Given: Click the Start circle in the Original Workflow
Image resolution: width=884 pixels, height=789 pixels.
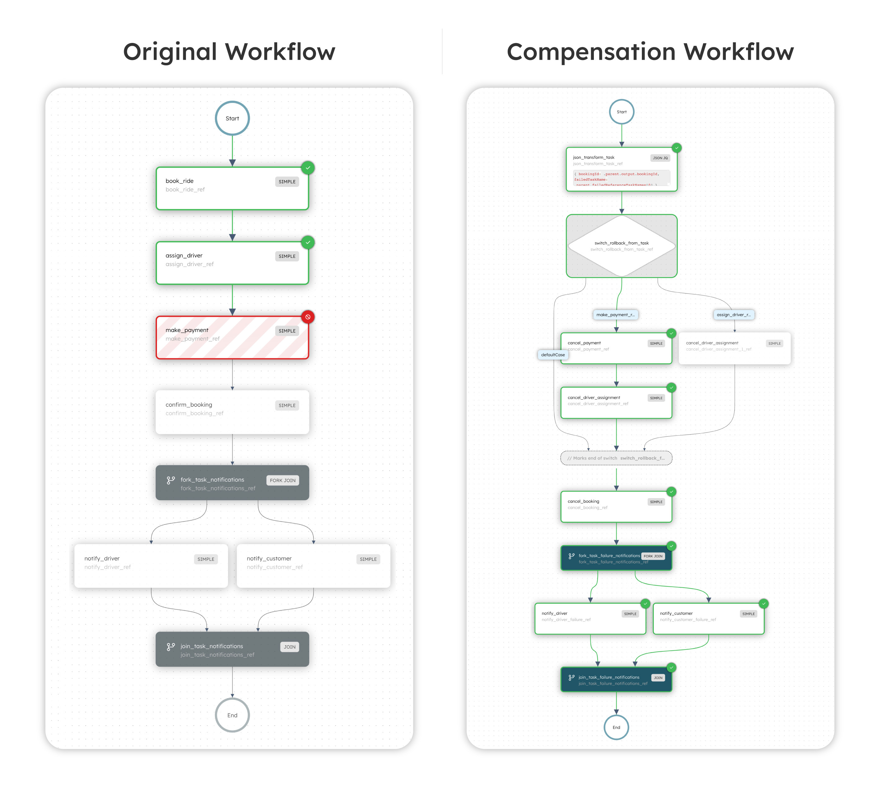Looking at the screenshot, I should (232, 118).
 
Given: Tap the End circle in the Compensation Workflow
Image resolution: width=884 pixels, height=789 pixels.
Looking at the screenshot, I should (616, 727).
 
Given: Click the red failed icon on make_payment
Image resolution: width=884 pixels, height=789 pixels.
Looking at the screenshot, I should (308, 317).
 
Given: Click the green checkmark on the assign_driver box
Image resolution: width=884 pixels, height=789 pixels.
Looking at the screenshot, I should (308, 242).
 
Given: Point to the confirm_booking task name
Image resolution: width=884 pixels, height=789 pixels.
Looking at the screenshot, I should (189, 405).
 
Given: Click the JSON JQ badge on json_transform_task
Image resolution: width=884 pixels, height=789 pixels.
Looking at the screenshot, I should (660, 158).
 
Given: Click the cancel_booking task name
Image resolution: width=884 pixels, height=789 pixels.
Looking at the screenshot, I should (583, 501).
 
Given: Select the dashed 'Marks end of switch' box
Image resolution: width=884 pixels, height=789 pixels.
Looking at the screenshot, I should (616, 458).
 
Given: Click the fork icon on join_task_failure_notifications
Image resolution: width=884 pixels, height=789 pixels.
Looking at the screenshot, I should (571, 677).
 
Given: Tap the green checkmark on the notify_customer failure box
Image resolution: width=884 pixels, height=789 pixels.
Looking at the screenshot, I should (763, 603).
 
